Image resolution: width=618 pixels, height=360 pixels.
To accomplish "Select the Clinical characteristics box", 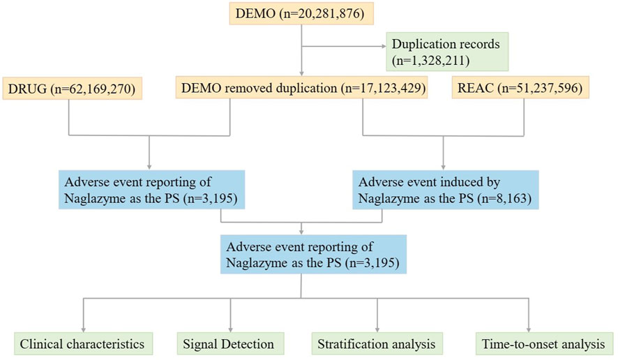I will pos(82,344).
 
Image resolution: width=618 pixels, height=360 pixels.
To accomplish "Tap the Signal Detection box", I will pos(228,344).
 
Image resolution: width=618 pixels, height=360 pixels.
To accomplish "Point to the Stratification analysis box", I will pos(377,344).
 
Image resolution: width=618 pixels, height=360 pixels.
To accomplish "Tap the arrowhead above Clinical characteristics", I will pos(84,327).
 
